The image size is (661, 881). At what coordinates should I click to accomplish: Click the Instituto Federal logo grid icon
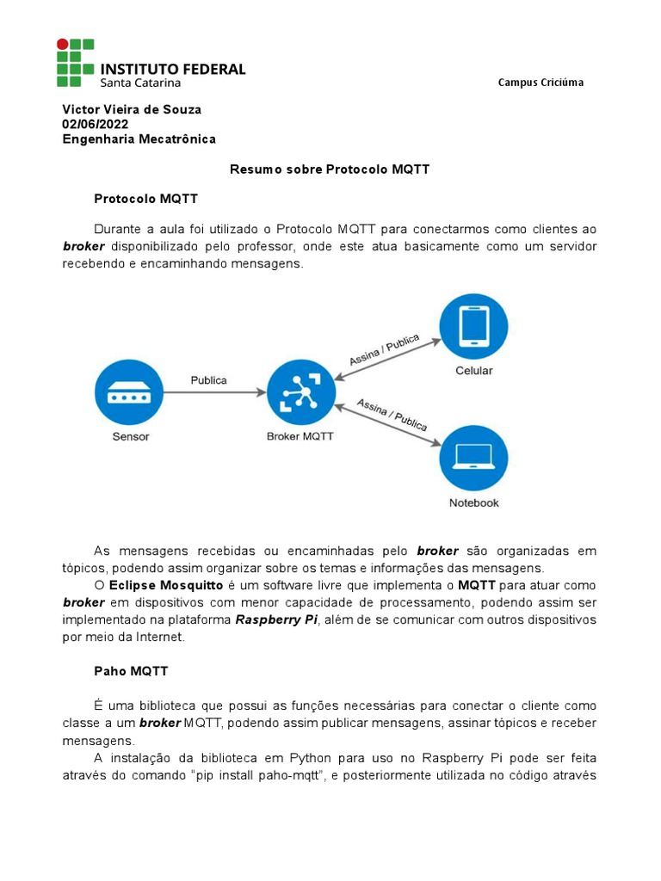[x=75, y=62]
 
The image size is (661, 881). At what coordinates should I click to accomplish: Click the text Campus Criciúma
[x=540, y=83]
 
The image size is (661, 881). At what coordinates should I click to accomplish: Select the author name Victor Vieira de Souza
[x=131, y=109]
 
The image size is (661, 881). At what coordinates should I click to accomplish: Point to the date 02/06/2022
[x=95, y=124]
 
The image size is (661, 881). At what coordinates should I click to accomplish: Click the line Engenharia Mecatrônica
[x=139, y=139]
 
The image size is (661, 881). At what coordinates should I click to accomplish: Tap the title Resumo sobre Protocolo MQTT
[x=329, y=169]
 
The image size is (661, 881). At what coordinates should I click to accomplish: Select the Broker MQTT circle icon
[x=300, y=392]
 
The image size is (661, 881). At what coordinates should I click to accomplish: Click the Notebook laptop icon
[x=473, y=456]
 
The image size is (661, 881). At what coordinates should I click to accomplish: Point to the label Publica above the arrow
[x=209, y=379]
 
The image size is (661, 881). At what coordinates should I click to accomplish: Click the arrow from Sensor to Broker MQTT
[x=215, y=392]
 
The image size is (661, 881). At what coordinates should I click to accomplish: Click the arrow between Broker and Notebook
[x=387, y=424]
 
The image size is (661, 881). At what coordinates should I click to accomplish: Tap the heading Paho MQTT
[x=131, y=671]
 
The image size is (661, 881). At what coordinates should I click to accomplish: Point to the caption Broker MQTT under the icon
[x=300, y=436]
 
